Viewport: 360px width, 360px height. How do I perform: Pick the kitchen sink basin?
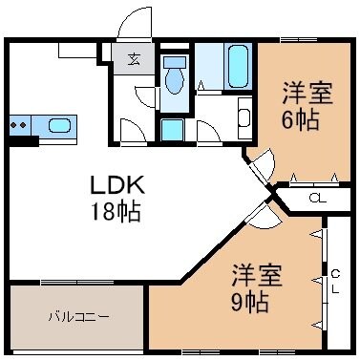58,125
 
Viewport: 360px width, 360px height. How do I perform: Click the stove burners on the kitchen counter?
18,124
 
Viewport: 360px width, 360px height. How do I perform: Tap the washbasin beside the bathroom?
243,118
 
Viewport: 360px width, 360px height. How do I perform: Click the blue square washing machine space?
173,129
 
